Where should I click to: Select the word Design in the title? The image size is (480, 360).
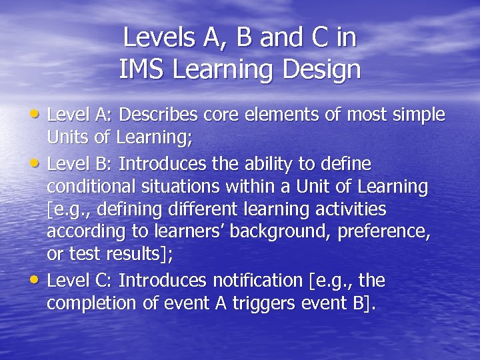(324, 69)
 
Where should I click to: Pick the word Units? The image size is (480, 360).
(65, 139)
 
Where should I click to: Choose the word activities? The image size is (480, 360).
(349, 210)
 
